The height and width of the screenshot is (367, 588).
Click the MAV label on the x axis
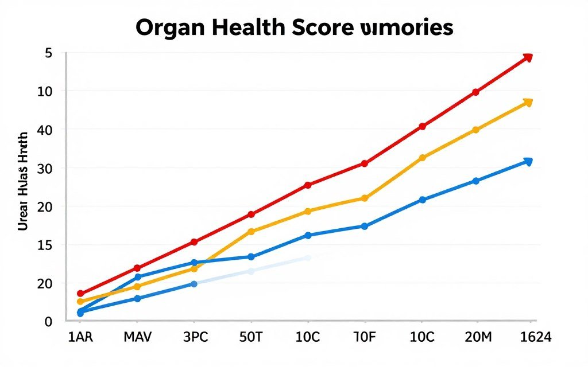coord(137,337)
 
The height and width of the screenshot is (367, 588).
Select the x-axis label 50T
coord(251,337)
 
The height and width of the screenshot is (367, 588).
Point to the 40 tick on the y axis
coord(44,130)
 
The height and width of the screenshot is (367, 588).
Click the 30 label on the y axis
coord(44,169)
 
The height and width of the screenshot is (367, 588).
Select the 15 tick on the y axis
coord(44,245)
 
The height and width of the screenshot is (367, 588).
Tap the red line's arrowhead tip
coord(528,57)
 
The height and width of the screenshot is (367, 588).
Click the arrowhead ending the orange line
coord(528,103)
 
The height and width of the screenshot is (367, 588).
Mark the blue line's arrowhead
coord(528,162)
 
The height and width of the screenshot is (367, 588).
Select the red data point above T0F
coord(364,163)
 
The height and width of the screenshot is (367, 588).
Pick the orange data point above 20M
coord(475,130)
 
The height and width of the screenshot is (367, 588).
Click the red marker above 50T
coord(251,214)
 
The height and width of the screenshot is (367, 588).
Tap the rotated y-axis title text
coord(23,181)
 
